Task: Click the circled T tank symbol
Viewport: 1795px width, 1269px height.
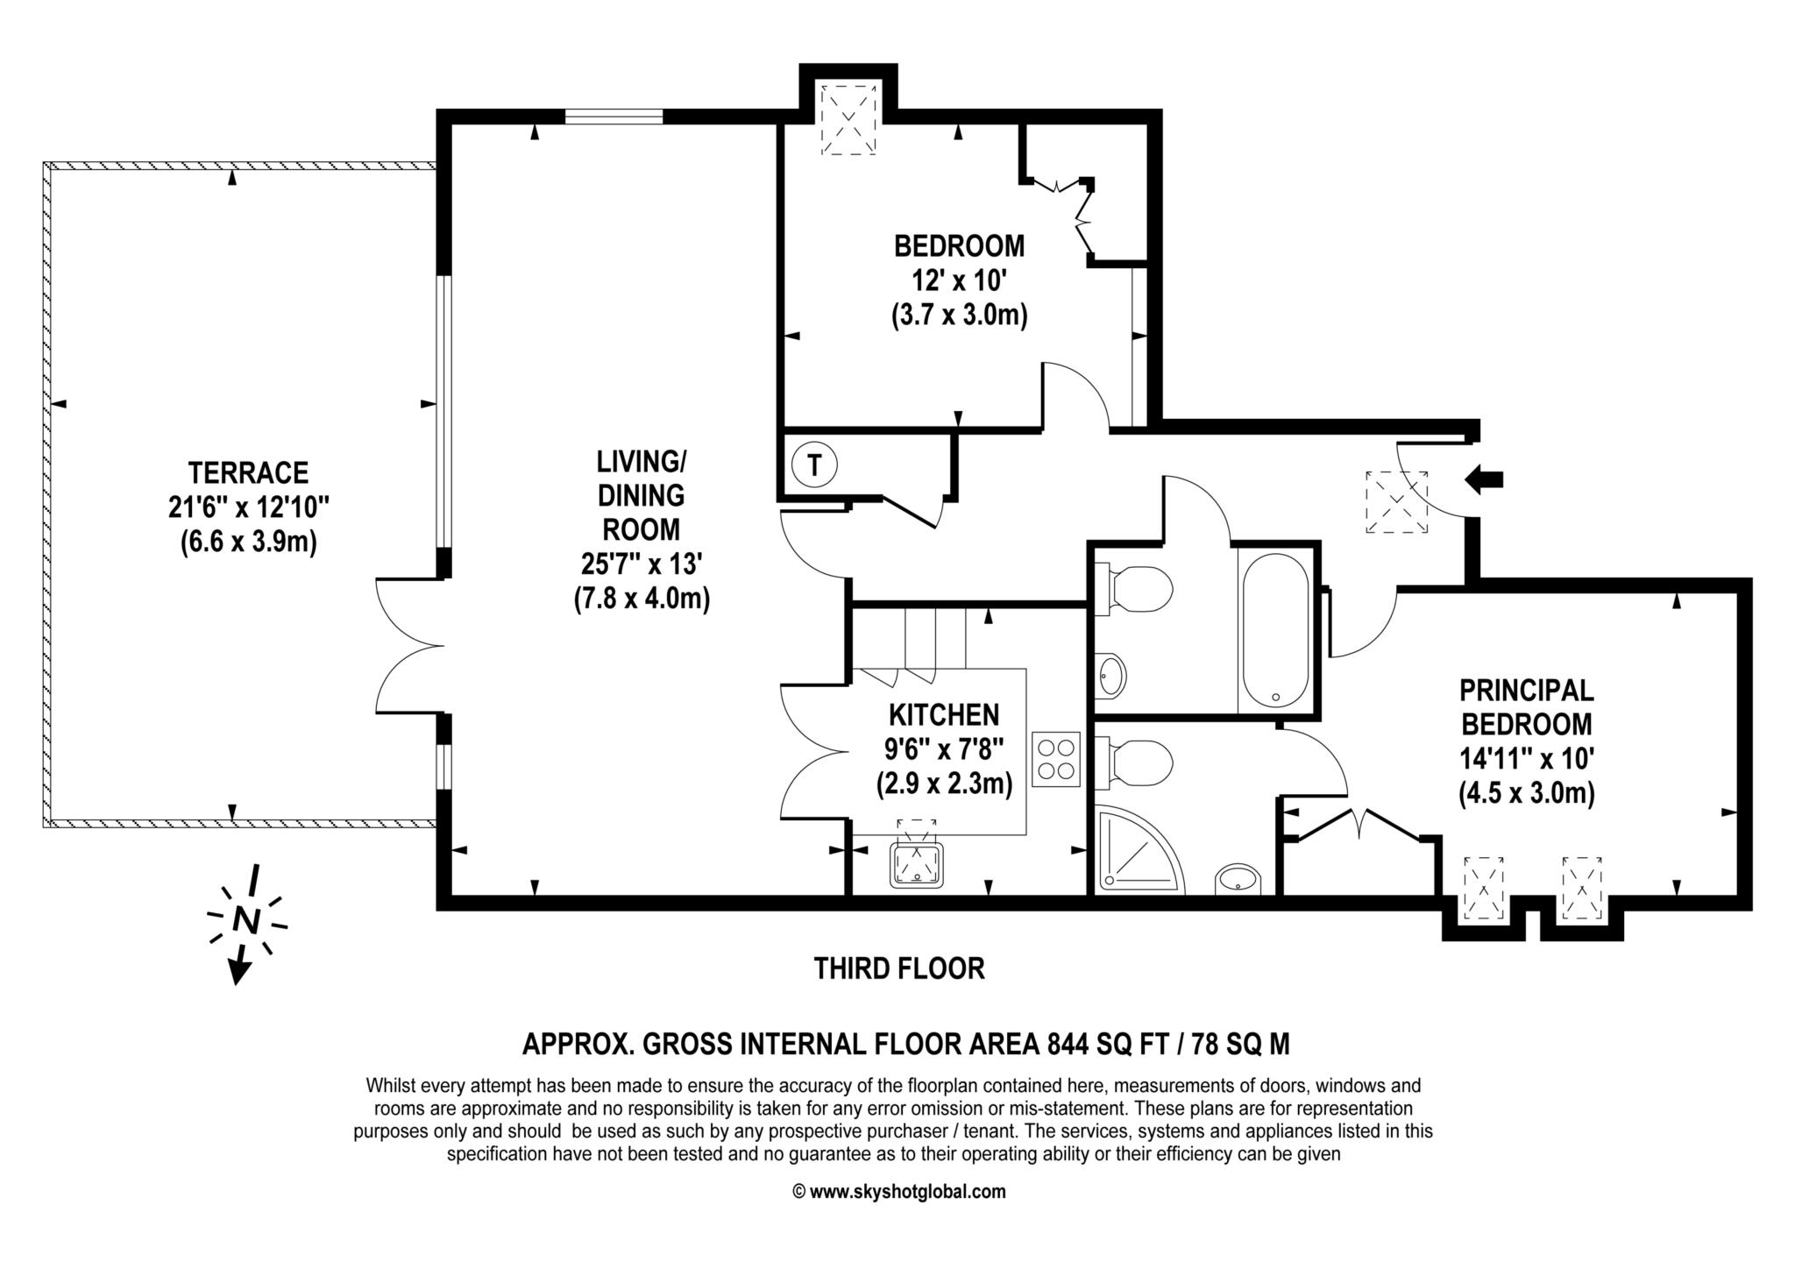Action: tap(815, 464)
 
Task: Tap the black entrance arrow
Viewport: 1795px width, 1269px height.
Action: tap(1485, 479)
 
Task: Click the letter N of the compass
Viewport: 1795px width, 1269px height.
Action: tap(247, 921)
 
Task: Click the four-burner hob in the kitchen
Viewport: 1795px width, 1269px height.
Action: tap(1056, 759)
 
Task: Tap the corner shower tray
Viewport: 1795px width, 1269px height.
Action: tap(1138, 850)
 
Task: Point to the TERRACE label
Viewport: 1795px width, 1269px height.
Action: tap(249, 473)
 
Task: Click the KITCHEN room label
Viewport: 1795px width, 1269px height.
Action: tap(944, 715)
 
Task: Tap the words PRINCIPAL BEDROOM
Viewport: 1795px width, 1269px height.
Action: tap(1526, 707)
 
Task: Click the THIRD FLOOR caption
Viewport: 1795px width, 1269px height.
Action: tap(899, 968)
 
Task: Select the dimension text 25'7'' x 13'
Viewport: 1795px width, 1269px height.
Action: tap(641, 564)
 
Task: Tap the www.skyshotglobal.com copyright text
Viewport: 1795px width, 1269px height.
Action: tap(899, 1192)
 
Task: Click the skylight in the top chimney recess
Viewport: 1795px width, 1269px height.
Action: tap(848, 120)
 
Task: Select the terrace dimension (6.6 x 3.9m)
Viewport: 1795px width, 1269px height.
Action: tap(248, 542)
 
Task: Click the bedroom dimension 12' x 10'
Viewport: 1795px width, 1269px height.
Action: tap(959, 280)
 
